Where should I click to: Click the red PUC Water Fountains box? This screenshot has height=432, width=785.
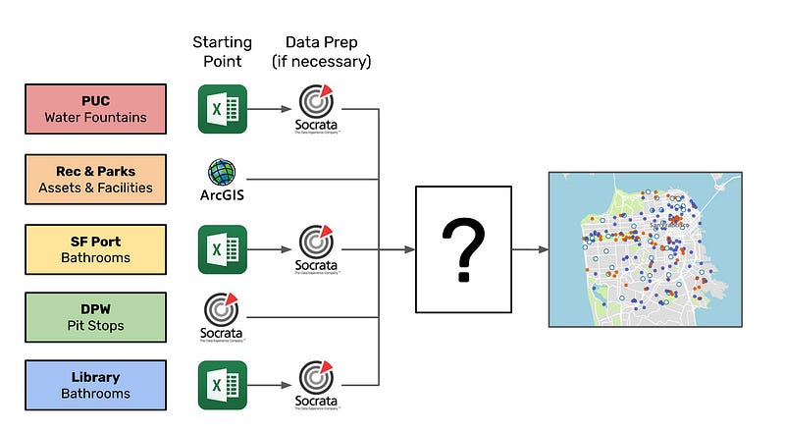tap(95, 109)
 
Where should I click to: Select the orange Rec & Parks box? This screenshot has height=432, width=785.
tap(95, 180)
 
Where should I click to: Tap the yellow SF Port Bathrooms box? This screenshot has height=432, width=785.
tap(95, 249)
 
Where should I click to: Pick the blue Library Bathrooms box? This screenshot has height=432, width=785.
tap(95, 385)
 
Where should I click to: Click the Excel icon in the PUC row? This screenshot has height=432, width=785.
tap(222, 109)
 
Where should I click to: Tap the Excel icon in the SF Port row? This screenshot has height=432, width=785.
tap(222, 249)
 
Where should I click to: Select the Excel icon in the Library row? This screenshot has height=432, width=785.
tap(222, 385)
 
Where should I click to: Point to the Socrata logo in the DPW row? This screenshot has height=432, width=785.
tap(222, 314)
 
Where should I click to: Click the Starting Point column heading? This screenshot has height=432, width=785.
tap(222, 52)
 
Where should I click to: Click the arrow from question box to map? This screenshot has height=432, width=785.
tap(528, 249)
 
